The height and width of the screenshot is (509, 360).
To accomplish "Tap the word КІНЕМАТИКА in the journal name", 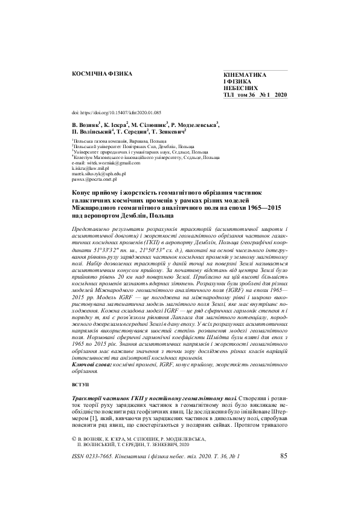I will point(244,74).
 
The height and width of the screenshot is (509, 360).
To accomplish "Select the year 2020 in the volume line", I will point(281,95).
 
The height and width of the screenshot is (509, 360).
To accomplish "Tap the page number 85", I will point(284,456).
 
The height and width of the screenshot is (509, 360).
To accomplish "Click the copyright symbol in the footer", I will point(74,438).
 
